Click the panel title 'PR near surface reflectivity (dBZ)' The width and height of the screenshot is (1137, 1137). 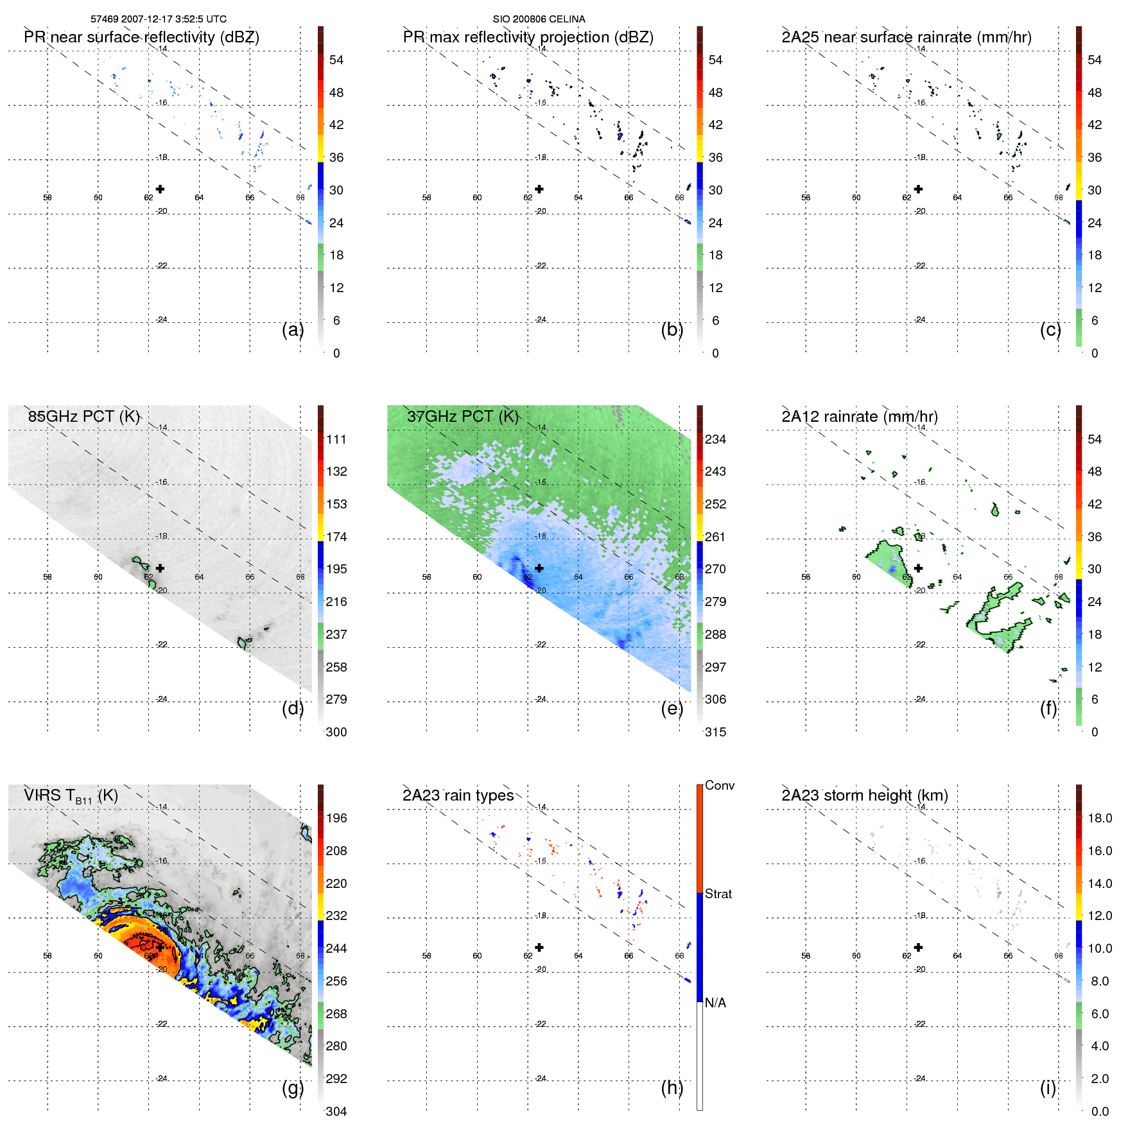[141, 37]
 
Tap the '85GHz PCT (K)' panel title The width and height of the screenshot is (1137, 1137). [83, 417]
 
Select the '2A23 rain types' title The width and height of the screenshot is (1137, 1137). [458, 795]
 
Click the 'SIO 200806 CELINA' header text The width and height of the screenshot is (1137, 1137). [539, 19]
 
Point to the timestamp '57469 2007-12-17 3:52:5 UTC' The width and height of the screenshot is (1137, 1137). [158, 19]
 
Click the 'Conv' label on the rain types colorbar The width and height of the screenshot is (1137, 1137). [719, 785]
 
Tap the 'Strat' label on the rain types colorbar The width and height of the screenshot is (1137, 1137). [718, 894]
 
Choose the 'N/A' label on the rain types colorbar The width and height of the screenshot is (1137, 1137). [715, 1003]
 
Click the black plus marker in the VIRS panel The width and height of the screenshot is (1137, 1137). [160, 948]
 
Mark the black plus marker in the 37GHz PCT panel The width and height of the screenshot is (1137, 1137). [539, 568]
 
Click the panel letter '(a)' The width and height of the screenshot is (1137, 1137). [293, 329]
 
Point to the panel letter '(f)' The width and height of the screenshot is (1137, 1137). [1048, 708]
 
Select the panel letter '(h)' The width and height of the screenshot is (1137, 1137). [672, 1088]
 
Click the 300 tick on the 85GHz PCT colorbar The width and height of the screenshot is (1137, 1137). [336, 732]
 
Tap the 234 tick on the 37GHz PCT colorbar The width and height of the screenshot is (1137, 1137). [715, 439]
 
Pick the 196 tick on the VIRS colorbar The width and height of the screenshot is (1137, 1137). [336, 818]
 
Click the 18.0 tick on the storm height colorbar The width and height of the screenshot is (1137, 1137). [1099, 818]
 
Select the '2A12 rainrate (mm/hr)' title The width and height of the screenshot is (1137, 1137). [859, 417]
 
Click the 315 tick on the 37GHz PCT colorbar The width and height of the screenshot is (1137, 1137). [715, 732]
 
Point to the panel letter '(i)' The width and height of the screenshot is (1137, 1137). [1048, 1088]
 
